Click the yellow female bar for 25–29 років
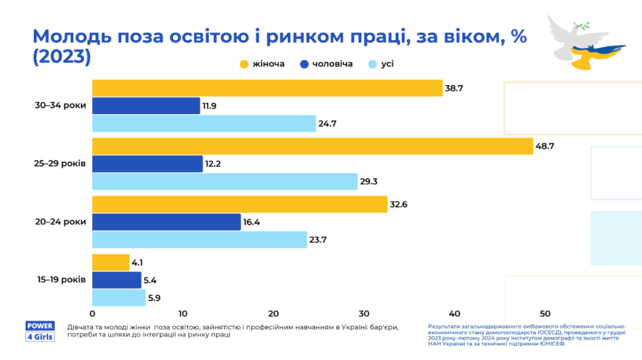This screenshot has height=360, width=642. [x=312, y=147]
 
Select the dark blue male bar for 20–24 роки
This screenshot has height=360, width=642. [x=166, y=222]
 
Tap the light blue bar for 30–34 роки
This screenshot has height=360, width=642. [x=204, y=124]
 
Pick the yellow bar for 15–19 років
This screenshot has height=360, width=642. [x=110, y=262]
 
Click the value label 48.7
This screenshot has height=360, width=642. [x=545, y=147]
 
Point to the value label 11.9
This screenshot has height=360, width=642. [x=209, y=106]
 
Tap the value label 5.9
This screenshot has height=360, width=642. [x=154, y=298]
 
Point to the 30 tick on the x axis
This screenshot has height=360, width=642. [x=364, y=314]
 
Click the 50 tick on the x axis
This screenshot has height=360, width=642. [x=545, y=314]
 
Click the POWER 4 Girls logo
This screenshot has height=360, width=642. [x=39, y=331]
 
